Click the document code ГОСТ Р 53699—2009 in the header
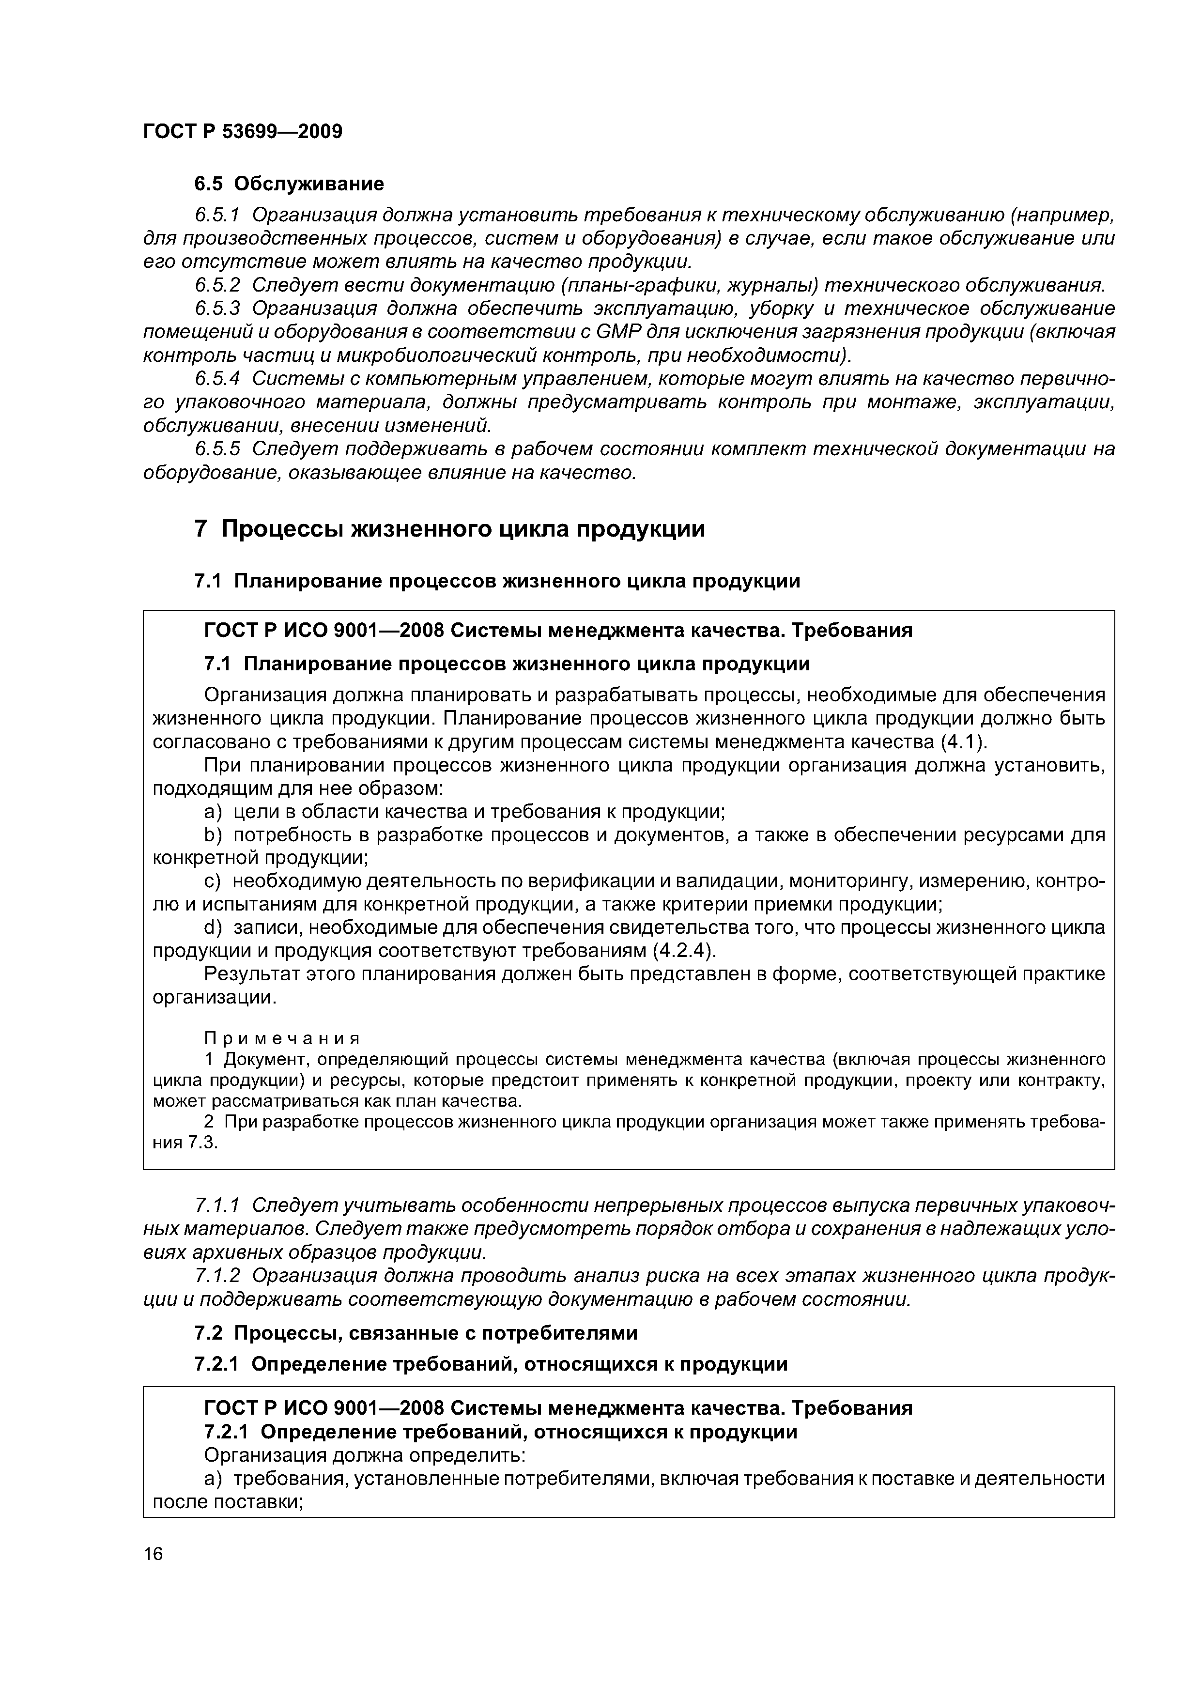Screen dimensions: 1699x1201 click(x=243, y=132)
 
